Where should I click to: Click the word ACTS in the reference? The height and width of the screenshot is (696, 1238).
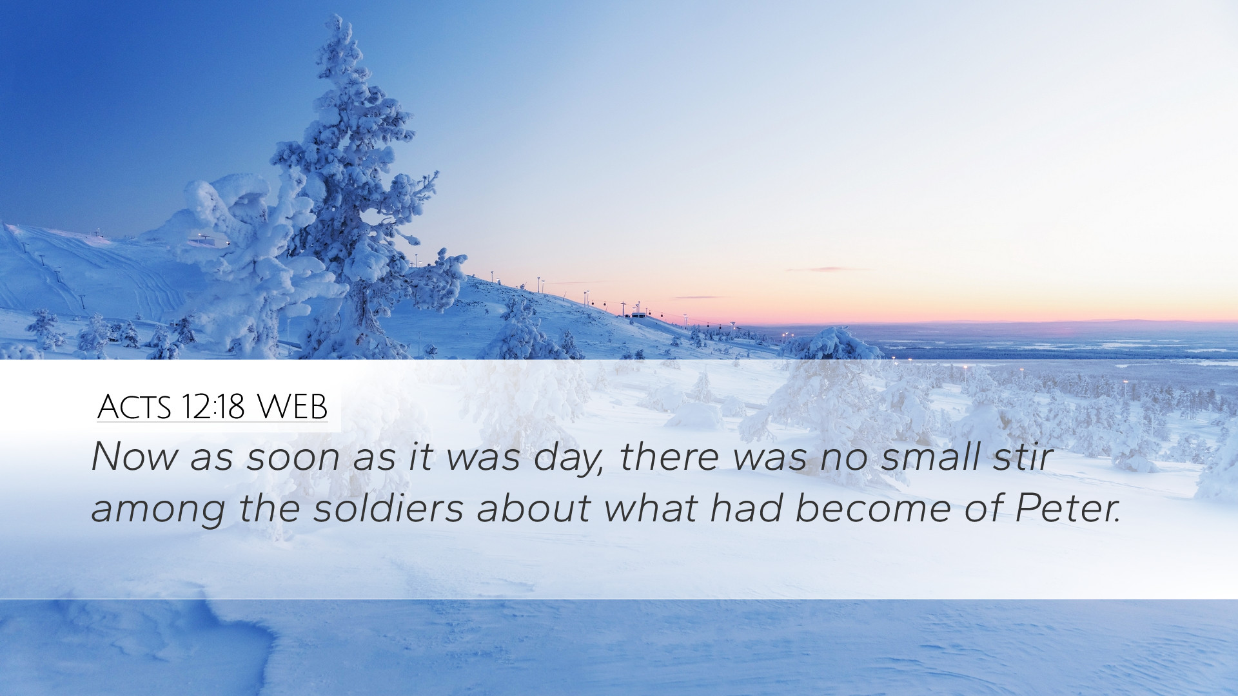pyautogui.click(x=134, y=407)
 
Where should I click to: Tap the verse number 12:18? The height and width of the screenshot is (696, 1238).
pyautogui.click(x=213, y=407)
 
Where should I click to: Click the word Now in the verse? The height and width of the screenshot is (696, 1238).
pyautogui.click(x=134, y=456)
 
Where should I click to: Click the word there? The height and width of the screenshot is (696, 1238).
pyautogui.click(x=670, y=456)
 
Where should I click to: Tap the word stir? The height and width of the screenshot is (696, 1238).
pyautogui.click(x=1022, y=456)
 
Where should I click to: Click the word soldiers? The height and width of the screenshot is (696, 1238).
pyautogui.click(x=389, y=507)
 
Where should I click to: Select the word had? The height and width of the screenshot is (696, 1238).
pyautogui.click(x=746, y=507)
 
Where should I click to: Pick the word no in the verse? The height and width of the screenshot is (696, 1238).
pyautogui.click(x=843, y=458)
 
